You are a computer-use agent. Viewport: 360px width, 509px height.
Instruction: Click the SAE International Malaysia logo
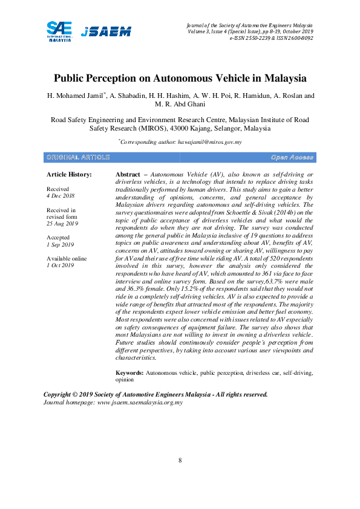click(x=59, y=30)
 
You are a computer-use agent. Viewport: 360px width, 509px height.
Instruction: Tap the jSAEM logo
click(x=106, y=31)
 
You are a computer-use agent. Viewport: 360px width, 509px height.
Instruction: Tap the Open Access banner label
click(x=292, y=157)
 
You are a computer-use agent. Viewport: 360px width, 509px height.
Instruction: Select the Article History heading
click(x=69, y=174)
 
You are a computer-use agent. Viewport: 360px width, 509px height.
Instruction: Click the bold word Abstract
click(x=128, y=174)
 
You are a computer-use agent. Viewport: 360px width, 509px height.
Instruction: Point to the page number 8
click(x=180, y=461)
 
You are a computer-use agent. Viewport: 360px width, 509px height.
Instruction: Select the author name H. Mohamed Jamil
click(x=76, y=96)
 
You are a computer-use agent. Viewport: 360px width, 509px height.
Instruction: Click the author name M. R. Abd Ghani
click(x=180, y=105)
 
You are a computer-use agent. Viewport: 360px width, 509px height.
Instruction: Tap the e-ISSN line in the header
click(x=271, y=37)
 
